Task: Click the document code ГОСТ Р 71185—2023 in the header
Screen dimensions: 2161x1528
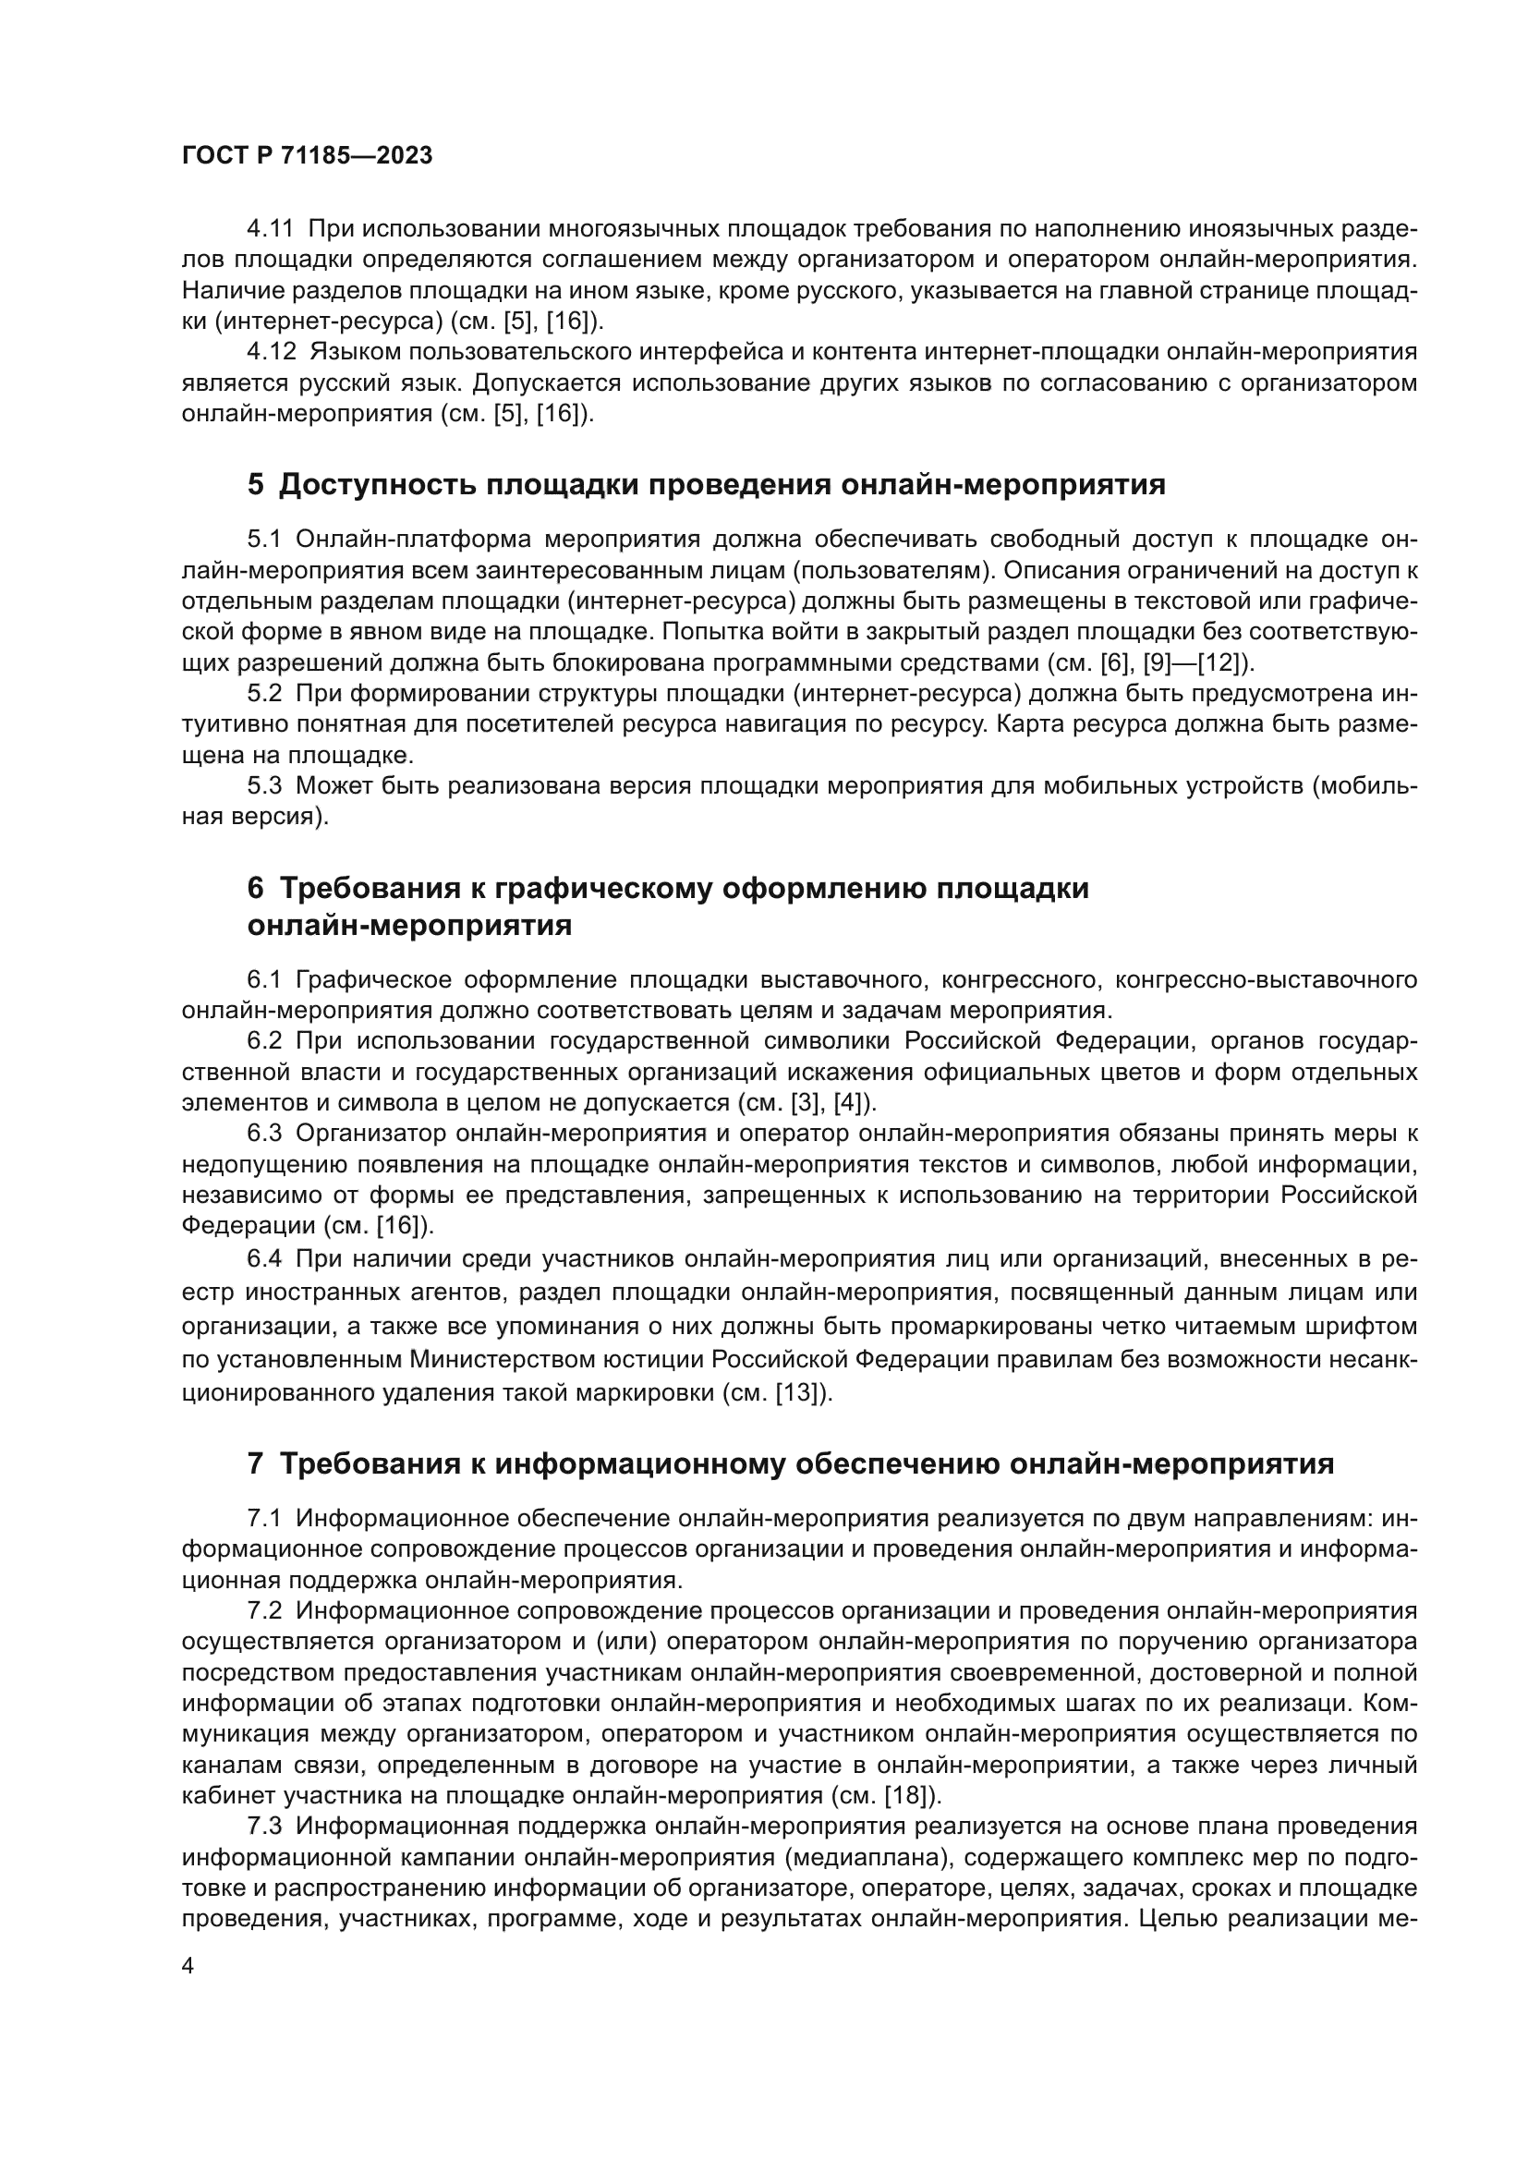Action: (307, 156)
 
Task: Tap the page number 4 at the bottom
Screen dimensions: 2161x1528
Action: (188, 1966)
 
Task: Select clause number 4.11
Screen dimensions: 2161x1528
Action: (270, 229)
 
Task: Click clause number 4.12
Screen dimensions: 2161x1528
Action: (270, 352)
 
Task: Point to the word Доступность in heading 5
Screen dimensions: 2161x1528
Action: (376, 485)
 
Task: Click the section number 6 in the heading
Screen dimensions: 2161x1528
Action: (256, 889)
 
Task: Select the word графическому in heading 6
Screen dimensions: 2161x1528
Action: (605, 889)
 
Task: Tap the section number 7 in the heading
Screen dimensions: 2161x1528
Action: (256, 1464)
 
